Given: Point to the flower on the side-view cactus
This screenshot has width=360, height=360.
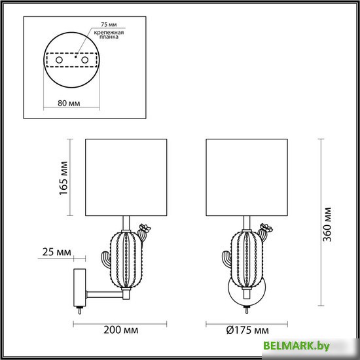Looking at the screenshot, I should click(x=145, y=230).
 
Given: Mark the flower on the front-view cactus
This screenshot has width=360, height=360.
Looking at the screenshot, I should click(x=264, y=230).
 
